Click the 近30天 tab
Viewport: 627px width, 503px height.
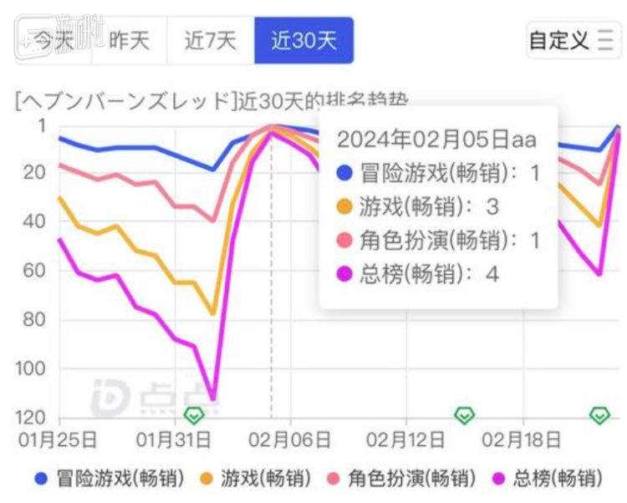[x=303, y=40]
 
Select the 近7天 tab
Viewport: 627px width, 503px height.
[x=211, y=40]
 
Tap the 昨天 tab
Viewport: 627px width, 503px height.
[x=130, y=40]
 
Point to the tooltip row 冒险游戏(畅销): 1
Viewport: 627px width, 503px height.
[x=437, y=173]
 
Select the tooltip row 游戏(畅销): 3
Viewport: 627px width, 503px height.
[x=416, y=206]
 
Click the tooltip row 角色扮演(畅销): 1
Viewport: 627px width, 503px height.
[x=437, y=241]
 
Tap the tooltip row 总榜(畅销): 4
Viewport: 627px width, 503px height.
[x=416, y=274]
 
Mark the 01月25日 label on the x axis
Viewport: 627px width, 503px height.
[x=58, y=439]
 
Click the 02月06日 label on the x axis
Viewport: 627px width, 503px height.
[x=290, y=439]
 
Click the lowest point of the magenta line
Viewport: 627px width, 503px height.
[x=212, y=398]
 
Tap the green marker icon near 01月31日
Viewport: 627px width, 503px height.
[x=194, y=414]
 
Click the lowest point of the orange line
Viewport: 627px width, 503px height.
[x=212, y=314]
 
